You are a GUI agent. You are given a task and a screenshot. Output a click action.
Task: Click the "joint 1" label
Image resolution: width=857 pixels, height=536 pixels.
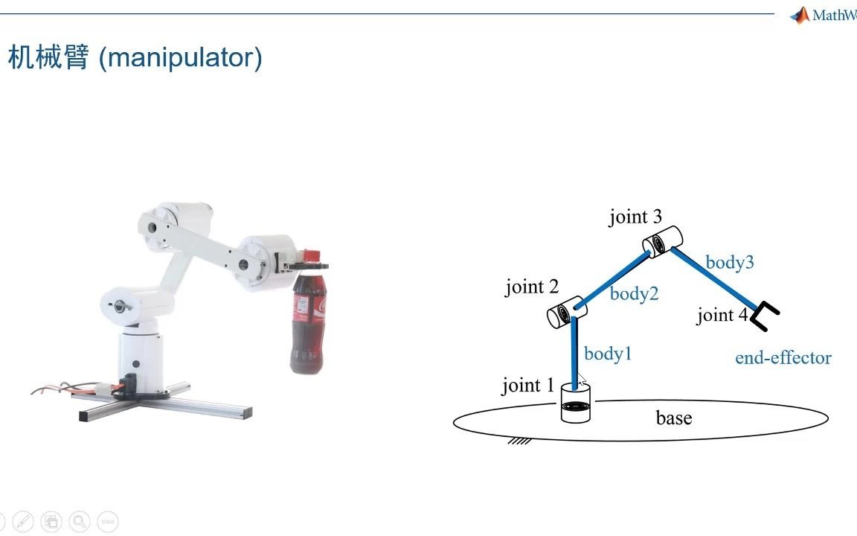[x=528, y=386]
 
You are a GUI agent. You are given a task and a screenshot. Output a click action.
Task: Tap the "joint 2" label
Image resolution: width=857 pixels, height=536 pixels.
[x=532, y=287]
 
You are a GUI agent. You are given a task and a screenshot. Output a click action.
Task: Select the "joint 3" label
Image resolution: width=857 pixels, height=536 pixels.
[x=635, y=217]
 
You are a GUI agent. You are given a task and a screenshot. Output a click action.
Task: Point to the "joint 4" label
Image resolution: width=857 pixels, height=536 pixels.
[x=722, y=316]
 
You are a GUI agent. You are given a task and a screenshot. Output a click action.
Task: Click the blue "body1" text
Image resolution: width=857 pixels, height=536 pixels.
[x=608, y=354]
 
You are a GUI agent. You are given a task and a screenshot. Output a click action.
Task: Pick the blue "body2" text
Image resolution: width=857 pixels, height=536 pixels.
[x=634, y=294]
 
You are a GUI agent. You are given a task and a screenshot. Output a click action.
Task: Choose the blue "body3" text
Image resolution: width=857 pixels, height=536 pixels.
[x=730, y=263]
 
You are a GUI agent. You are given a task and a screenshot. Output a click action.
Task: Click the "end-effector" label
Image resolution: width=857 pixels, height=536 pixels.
[x=783, y=358]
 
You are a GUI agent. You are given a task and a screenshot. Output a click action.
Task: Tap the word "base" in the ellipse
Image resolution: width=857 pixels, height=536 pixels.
[x=674, y=418]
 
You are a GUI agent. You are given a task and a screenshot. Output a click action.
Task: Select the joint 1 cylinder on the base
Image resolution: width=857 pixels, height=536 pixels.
[x=576, y=403]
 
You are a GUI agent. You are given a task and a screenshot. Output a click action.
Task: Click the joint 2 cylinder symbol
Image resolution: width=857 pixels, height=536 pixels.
[x=567, y=313]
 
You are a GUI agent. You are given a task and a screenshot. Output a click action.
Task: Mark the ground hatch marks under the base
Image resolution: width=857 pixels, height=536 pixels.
[x=519, y=441]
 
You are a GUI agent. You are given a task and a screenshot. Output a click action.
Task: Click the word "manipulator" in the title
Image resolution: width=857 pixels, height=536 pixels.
[x=180, y=57]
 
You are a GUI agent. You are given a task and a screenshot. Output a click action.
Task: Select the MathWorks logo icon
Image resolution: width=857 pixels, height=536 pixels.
[x=800, y=16]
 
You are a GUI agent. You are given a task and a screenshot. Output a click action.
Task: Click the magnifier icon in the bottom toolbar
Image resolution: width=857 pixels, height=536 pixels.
[x=80, y=521]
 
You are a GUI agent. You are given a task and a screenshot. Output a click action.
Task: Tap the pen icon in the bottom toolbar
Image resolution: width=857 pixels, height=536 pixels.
[x=23, y=521]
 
